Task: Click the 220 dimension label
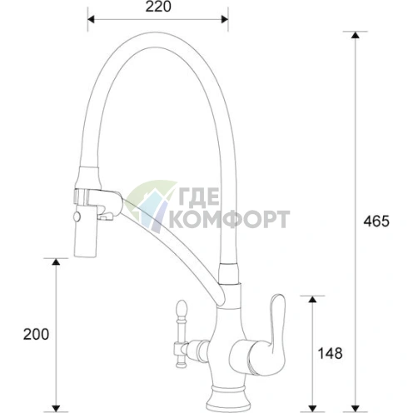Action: (x=158, y=7)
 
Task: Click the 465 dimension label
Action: (x=376, y=221)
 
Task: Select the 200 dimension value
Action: (x=36, y=334)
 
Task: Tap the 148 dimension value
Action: (x=330, y=354)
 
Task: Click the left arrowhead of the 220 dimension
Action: (x=92, y=19)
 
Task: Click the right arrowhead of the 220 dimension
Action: (x=224, y=19)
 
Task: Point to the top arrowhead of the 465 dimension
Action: (x=356, y=35)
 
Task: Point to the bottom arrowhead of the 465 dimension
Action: (x=356, y=409)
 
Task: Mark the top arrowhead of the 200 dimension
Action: (x=56, y=261)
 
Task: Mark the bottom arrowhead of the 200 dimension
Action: (x=56, y=409)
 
